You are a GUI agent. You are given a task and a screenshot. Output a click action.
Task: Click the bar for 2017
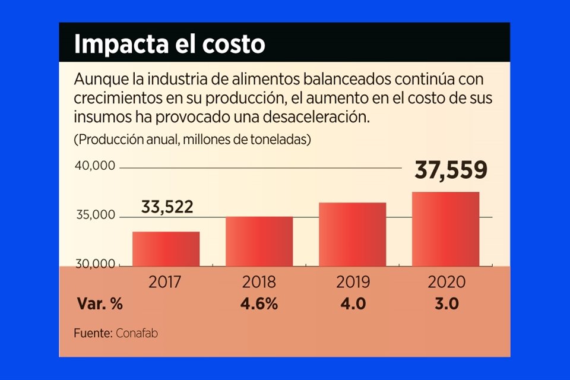tap(166, 249)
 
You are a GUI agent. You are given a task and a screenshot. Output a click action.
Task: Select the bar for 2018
tap(259, 241)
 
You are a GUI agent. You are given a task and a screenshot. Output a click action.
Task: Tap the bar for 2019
tap(352, 234)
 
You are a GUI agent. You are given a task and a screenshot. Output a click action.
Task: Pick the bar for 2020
tap(445, 229)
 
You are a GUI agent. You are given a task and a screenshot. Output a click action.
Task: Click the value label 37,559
tap(451, 170)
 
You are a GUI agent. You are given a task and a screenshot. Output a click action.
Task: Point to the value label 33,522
tap(167, 207)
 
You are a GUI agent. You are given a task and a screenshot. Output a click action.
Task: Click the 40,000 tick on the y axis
tap(94, 166)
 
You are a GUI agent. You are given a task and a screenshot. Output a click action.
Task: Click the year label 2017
tap(166, 281)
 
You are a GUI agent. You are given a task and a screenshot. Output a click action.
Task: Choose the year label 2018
tap(259, 281)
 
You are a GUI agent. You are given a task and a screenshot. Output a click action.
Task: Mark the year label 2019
tap(352, 281)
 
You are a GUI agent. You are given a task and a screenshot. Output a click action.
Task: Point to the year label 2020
tap(445, 281)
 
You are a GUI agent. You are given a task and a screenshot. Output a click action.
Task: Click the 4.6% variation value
tap(259, 305)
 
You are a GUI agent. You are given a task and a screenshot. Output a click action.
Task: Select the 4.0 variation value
tap(352, 305)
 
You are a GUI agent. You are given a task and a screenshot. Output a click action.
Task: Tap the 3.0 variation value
tap(445, 305)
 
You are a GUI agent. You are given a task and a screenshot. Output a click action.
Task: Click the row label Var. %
tap(100, 305)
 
